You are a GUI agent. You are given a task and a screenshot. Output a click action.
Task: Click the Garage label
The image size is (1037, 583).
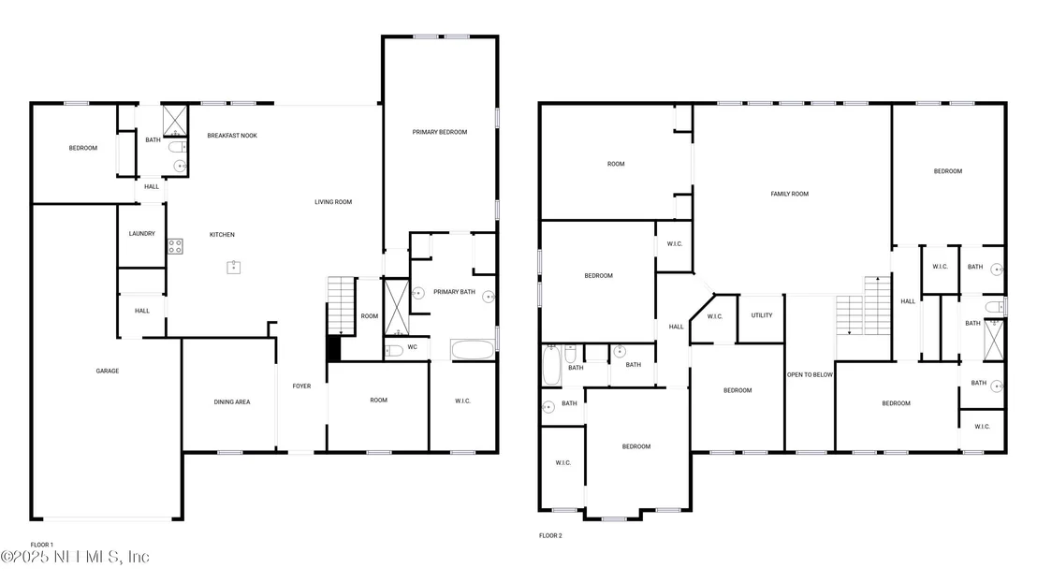(107, 371)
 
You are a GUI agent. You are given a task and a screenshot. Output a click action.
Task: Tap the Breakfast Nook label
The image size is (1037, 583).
(232, 136)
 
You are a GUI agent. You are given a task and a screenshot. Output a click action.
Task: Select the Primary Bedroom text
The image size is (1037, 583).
(440, 132)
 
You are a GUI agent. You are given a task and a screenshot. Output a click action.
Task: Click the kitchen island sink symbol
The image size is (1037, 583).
(233, 267)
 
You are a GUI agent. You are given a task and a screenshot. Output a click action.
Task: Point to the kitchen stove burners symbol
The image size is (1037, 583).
(175, 246)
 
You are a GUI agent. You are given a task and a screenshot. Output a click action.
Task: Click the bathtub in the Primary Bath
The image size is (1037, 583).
(473, 350)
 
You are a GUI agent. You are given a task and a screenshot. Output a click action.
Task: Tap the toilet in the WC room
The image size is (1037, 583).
(394, 350)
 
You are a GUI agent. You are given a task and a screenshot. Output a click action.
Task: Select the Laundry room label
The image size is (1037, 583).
(142, 233)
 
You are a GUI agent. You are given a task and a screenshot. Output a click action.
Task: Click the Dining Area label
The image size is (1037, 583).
(232, 401)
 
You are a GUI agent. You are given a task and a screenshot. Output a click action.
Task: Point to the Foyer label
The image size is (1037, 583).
(301, 386)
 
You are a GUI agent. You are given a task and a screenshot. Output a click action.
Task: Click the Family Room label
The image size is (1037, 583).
(790, 194)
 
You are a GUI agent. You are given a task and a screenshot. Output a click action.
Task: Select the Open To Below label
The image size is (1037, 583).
(811, 374)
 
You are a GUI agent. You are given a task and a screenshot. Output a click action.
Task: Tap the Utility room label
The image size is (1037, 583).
(762, 315)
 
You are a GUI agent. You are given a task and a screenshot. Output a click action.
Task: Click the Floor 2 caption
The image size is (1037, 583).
(550, 535)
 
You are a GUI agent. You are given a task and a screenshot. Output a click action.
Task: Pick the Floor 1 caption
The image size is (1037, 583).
(42, 545)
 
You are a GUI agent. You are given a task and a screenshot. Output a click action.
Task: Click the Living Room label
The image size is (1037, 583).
(333, 202)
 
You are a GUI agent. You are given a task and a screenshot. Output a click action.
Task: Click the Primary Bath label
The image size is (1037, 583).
(454, 292)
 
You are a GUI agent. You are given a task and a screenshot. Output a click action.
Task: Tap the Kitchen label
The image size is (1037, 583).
(222, 235)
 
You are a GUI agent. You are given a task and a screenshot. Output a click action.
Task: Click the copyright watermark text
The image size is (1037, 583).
(75, 557)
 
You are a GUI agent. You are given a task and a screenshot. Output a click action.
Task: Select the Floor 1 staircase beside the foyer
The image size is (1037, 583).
(342, 306)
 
